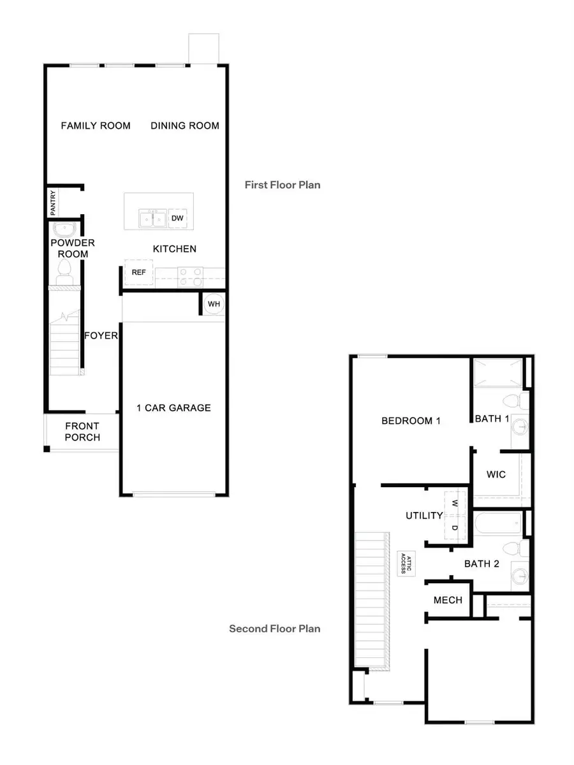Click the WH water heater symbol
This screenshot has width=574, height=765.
214,304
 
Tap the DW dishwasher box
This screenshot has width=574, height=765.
178,219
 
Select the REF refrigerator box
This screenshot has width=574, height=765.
139,272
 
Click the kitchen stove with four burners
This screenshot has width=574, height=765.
189,276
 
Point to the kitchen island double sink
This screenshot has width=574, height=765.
153,219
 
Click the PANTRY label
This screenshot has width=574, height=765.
53,202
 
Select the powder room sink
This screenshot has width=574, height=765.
64,229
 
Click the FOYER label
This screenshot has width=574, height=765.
101,335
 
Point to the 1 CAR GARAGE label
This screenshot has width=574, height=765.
173,408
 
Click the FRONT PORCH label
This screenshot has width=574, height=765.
82,432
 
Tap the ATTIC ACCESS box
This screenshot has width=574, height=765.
403,564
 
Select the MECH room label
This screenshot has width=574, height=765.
448,600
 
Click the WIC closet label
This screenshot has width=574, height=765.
496,474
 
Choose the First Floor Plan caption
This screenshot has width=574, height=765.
283,185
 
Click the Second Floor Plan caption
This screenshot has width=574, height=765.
275,629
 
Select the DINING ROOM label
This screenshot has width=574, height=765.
185,126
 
